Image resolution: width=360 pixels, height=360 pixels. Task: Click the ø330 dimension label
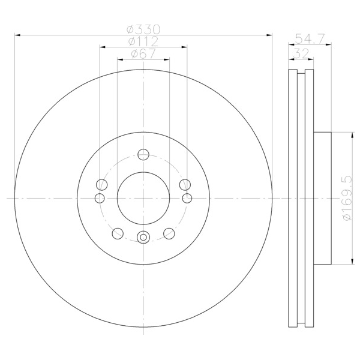click(x=143, y=29)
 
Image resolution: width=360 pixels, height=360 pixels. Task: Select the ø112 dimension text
click(x=143, y=41)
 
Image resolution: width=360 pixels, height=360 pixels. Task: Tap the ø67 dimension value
click(x=143, y=54)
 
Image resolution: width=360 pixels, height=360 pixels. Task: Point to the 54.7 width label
click(x=310, y=39)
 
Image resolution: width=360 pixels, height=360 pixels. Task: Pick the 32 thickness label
click(x=301, y=54)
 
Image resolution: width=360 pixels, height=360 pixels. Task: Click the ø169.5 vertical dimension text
click(x=347, y=198)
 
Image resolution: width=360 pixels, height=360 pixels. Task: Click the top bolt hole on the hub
click(x=143, y=154)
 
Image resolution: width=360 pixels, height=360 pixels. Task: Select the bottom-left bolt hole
click(x=118, y=233)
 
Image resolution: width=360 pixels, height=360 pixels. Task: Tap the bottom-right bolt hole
click(x=169, y=233)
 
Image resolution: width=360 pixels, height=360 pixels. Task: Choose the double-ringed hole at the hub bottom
click(x=143, y=237)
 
